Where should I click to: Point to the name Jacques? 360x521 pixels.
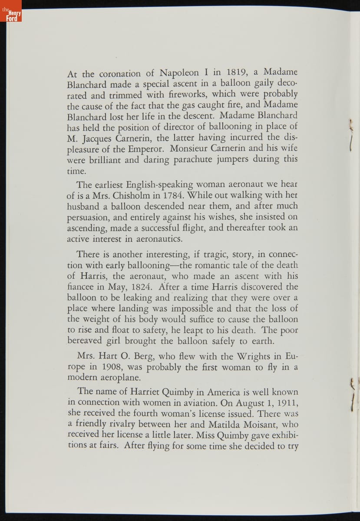(x=99, y=138)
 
